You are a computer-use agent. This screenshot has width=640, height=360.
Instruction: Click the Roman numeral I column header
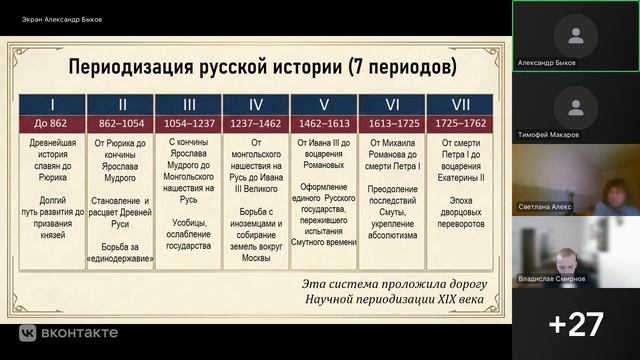52,103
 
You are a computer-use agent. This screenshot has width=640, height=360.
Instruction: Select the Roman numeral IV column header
256,103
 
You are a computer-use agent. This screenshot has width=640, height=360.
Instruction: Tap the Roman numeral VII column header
460,103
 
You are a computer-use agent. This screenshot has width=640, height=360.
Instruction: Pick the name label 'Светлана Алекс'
546,207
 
